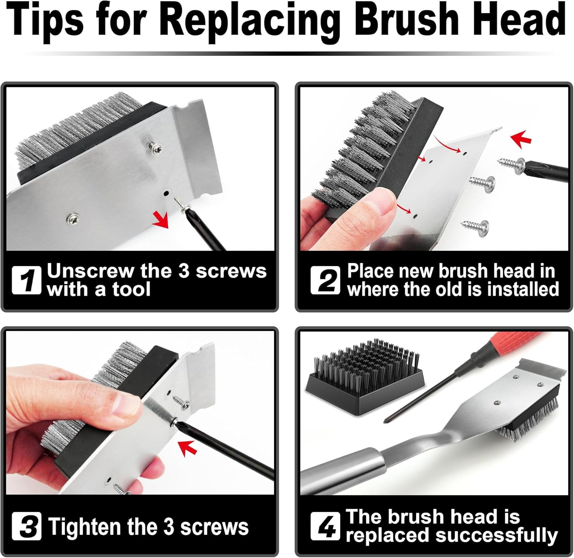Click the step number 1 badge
[x=26, y=280]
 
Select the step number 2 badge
[x=325, y=280]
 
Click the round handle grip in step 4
[x=341, y=472]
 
